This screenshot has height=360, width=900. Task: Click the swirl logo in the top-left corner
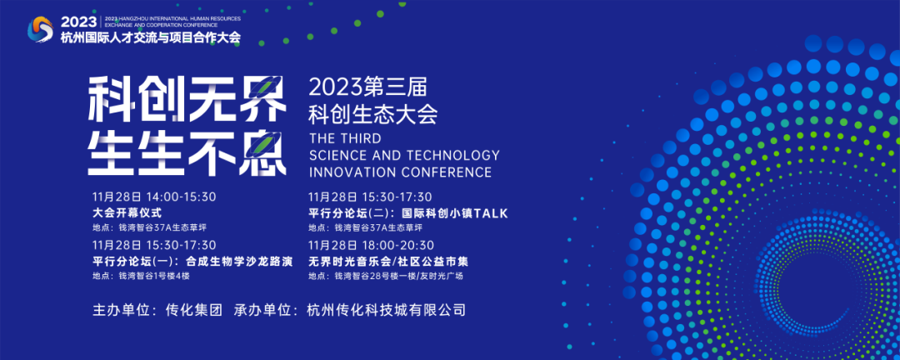point(40,29)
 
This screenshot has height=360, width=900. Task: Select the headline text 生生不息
point(187,152)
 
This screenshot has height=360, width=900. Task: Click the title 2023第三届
point(366,87)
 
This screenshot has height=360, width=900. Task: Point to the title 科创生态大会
point(373,114)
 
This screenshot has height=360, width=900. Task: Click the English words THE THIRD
point(344,138)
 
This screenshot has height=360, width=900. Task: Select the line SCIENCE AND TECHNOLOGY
point(404,155)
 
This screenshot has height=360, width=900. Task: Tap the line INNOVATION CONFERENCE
point(400,172)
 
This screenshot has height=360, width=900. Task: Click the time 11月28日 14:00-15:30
point(154,197)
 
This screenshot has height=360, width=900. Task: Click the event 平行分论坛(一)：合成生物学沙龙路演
point(192,261)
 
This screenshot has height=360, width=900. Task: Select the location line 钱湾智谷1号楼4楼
point(141,276)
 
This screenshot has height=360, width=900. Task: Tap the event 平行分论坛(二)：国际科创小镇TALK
point(408,213)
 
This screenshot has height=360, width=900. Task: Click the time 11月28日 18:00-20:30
point(371,245)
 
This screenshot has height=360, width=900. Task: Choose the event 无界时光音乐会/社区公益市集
point(388,261)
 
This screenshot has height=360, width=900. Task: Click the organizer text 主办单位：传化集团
point(157,311)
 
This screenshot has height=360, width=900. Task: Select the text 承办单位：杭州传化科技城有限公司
point(349,311)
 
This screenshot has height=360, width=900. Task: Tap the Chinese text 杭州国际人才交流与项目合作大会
point(150,37)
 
